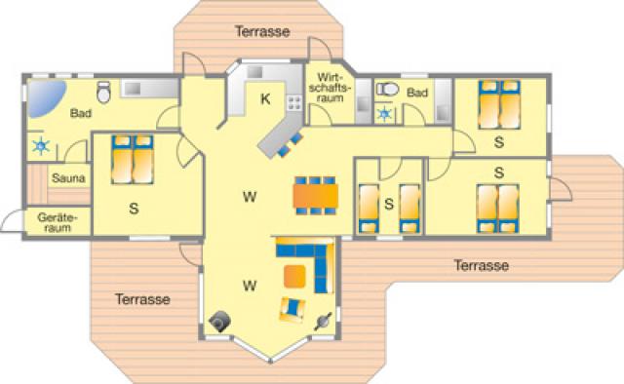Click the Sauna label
68,178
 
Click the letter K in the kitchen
264,98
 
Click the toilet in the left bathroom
132,89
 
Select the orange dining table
316,193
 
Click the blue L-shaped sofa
308,260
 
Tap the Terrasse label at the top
262,31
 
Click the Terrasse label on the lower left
141,298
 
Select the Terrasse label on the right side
482,264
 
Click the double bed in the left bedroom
132,160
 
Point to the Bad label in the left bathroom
81,114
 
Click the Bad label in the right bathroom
417,93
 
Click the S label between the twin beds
388,205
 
